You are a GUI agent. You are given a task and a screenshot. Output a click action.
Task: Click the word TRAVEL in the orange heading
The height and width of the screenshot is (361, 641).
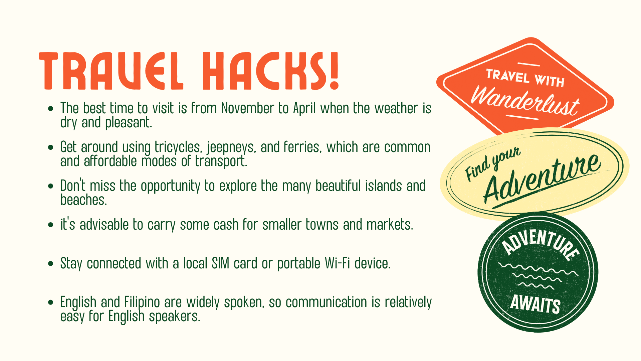111,71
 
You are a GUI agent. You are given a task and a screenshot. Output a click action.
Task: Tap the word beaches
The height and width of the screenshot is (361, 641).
83,200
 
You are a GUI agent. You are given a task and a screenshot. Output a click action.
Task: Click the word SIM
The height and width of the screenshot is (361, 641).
221,263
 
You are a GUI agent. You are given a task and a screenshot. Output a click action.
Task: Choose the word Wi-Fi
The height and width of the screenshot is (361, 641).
338,263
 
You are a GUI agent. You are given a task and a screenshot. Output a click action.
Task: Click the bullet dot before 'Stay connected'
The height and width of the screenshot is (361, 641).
51,264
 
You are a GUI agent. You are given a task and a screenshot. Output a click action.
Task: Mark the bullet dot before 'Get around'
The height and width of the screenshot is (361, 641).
51,147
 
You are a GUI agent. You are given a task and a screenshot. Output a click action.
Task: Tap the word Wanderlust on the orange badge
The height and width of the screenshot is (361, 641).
525,100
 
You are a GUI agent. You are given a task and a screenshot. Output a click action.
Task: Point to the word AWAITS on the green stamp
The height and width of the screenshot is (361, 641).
535,304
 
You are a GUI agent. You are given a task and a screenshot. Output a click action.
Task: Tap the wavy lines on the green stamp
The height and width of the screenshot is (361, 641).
538,276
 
